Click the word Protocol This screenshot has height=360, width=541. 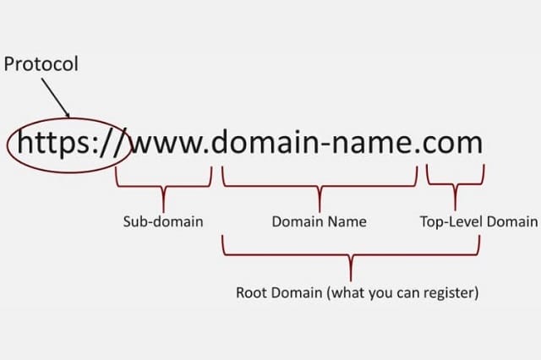click(x=41, y=64)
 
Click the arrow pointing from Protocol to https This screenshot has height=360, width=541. click(x=56, y=97)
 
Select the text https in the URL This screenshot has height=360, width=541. click(x=52, y=142)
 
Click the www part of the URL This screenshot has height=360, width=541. click(x=168, y=145)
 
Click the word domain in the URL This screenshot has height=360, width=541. click(x=265, y=140)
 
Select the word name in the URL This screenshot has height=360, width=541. click(x=371, y=145)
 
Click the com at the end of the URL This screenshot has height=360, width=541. click(x=453, y=145)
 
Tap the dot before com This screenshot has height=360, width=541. click(x=417, y=151)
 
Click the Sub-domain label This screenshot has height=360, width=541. click(x=163, y=221)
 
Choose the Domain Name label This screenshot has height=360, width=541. click(x=320, y=221)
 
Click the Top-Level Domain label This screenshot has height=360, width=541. click(x=479, y=221)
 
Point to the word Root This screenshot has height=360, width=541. click(x=252, y=292)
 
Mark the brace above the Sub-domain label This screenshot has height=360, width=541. click(x=163, y=187)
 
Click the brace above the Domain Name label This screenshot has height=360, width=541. click(x=320, y=187)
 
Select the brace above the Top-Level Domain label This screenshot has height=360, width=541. click(x=456, y=184)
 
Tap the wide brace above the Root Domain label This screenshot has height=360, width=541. click(x=351, y=255)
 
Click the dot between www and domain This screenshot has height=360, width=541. click(x=207, y=151)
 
